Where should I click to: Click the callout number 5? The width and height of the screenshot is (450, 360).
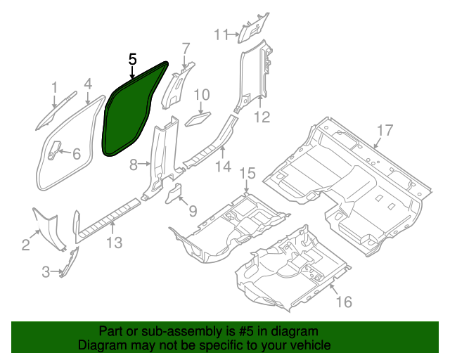coord(132,60)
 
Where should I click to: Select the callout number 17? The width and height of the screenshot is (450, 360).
coord(383,130)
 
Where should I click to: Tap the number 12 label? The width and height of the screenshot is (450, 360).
coord(262,117)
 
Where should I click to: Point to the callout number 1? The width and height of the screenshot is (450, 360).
coord(54,86)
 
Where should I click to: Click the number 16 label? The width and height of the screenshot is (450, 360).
coord(343,302)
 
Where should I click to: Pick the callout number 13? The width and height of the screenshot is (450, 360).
coord(114,243)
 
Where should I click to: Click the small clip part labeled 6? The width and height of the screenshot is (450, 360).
coord(55,148)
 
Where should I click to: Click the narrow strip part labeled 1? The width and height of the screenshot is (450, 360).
coord(56,109)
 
